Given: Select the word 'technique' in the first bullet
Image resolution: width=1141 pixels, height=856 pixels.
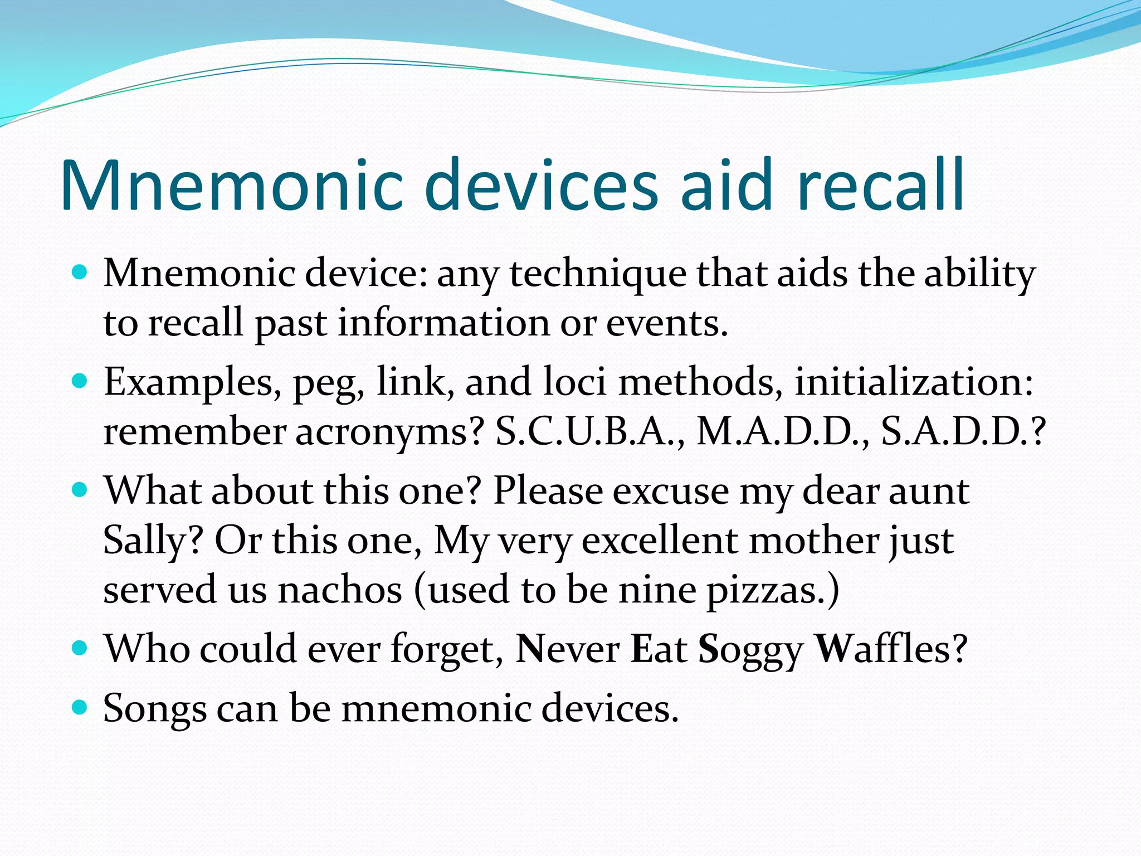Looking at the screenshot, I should click(x=598, y=274).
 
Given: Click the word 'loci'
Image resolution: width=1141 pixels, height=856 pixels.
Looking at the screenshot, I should click(x=574, y=382).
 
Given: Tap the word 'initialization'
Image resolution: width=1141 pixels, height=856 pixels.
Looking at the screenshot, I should click(x=913, y=382).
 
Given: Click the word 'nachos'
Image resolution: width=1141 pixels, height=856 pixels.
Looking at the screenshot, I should click(x=340, y=590).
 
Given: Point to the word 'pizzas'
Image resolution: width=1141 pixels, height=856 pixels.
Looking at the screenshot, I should click(x=772, y=590).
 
